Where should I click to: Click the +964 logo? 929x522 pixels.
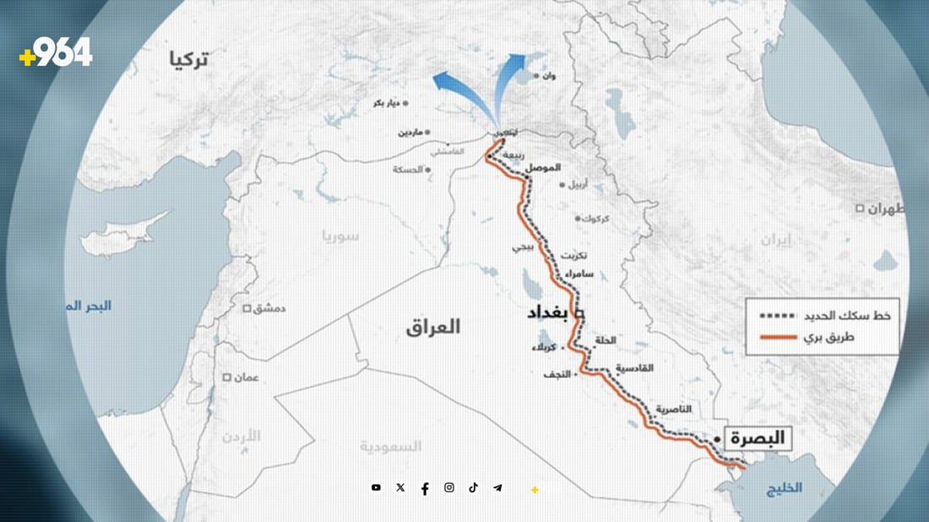55,53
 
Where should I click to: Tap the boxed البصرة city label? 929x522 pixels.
756,438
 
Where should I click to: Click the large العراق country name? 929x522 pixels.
432,327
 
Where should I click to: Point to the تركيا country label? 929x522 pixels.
188,60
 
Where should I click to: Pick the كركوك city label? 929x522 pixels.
594,218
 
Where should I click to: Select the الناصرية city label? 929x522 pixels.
672,409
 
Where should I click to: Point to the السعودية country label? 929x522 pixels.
390,446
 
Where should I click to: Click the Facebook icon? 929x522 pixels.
424,488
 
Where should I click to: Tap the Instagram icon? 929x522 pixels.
449,487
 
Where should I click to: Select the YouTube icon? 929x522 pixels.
376,487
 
